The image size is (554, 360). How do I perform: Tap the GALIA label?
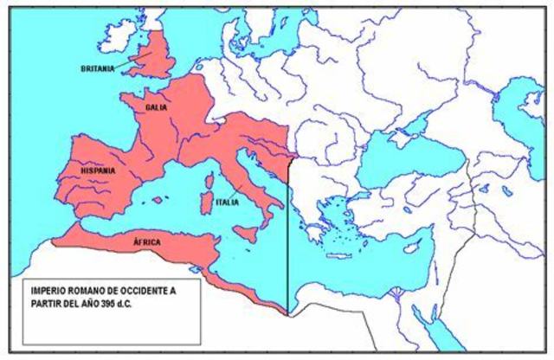click(x=157, y=107)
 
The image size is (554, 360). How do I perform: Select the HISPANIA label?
click(x=98, y=171)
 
